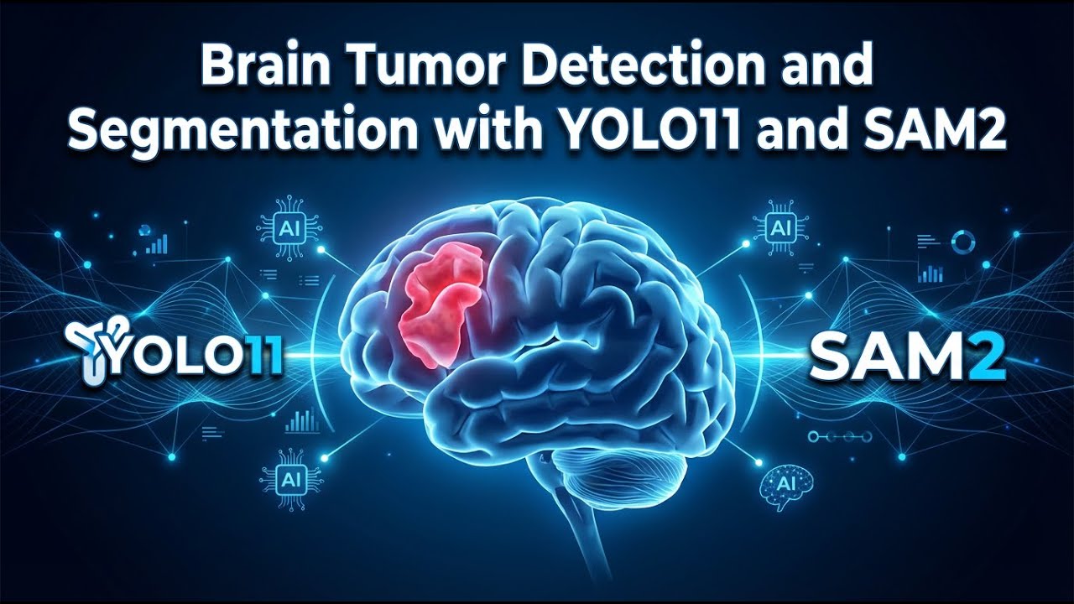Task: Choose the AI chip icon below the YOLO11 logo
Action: (x=290, y=479)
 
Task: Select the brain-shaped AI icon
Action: (x=785, y=486)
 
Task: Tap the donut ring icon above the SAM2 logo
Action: (x=964, y=242)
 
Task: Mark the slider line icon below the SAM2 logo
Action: (x=836, y=436)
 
